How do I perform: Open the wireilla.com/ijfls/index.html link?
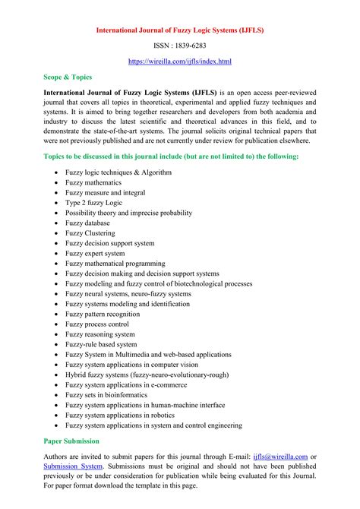click(x=180, y=61)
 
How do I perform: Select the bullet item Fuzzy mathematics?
click(x=97, y=182)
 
